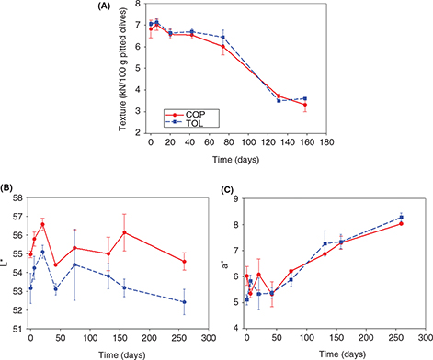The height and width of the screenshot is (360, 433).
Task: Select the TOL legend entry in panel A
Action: (x=185, y=123)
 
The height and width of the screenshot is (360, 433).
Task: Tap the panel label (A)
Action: (x=104, y=6)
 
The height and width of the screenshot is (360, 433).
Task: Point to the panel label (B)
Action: (x=6, y=187)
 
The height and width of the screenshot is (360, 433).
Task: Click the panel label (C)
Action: (x=227, y=190)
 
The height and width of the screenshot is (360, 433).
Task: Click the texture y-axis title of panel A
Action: (x=122, y=69)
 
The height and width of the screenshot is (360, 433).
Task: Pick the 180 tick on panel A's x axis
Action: (x=326, y=142)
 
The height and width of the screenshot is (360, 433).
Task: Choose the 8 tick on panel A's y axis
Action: (x=138, y=4)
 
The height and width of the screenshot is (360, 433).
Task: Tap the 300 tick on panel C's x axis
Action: (x=426, y=337)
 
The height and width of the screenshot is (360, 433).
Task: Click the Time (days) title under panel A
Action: (x=236, y=160)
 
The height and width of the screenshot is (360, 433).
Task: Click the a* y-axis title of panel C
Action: (x=225, y=265)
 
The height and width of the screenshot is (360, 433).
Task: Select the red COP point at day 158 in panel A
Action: (x=305, y=105)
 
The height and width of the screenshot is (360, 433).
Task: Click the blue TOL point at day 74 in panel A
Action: (x=223, y=38)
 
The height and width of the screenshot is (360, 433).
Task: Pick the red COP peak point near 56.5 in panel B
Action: (x=42, y=224)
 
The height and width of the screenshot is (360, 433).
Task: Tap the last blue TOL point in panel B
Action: (x=184, y=302)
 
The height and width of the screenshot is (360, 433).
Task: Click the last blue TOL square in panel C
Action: (x=401, y=218)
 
